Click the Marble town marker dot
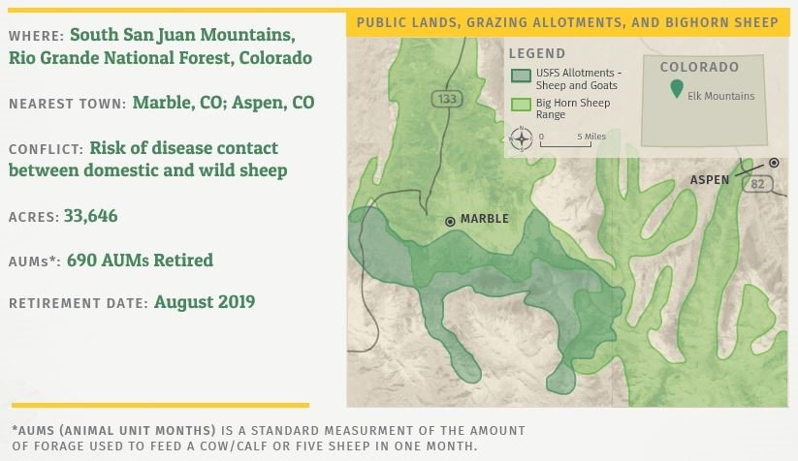coord(450,221)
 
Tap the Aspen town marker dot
coord(774,163)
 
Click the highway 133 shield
coord(447,98)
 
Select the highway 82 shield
coord(757,184)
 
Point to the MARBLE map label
coord(485,219)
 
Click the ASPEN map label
coord(710,180)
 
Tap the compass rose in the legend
coord(521,138)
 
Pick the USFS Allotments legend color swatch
coord(521,76)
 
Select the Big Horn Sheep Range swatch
coord(521,105)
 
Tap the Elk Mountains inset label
coord(721,96)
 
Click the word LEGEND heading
coord(537,53)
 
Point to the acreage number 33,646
coord(90,216)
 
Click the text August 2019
coord(205,302)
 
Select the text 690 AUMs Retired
coord(140,260)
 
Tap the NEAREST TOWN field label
coord(67,104)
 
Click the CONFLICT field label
coord(46,149)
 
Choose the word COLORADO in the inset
coord(699,67)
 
